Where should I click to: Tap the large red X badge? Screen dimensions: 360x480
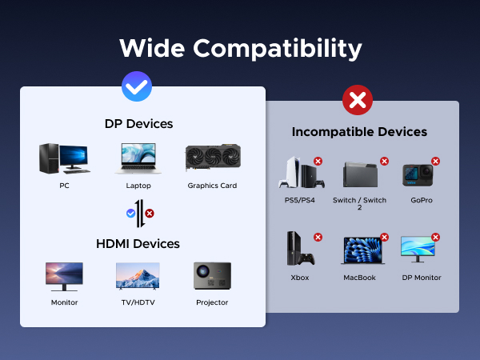coord(358,101)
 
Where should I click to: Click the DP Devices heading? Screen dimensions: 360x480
coord(138,124)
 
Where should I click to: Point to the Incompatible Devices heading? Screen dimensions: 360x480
coord(359,132)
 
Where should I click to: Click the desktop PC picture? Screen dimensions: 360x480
coord(64,158)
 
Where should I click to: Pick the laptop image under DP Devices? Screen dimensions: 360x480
coord(138,158)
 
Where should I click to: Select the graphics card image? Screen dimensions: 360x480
coord(212,158)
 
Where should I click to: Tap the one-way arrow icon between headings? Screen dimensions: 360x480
coord(139,214)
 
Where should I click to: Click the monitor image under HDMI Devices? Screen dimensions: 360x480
coord(64,277)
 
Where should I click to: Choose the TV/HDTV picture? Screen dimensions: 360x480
coord(138,277)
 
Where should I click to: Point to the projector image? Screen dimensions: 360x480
coord(212,277)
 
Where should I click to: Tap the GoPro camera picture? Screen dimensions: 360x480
coord(416,174)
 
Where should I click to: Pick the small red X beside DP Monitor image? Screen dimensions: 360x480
coord(436,237)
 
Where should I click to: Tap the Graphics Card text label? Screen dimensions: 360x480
coord(212,186)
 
